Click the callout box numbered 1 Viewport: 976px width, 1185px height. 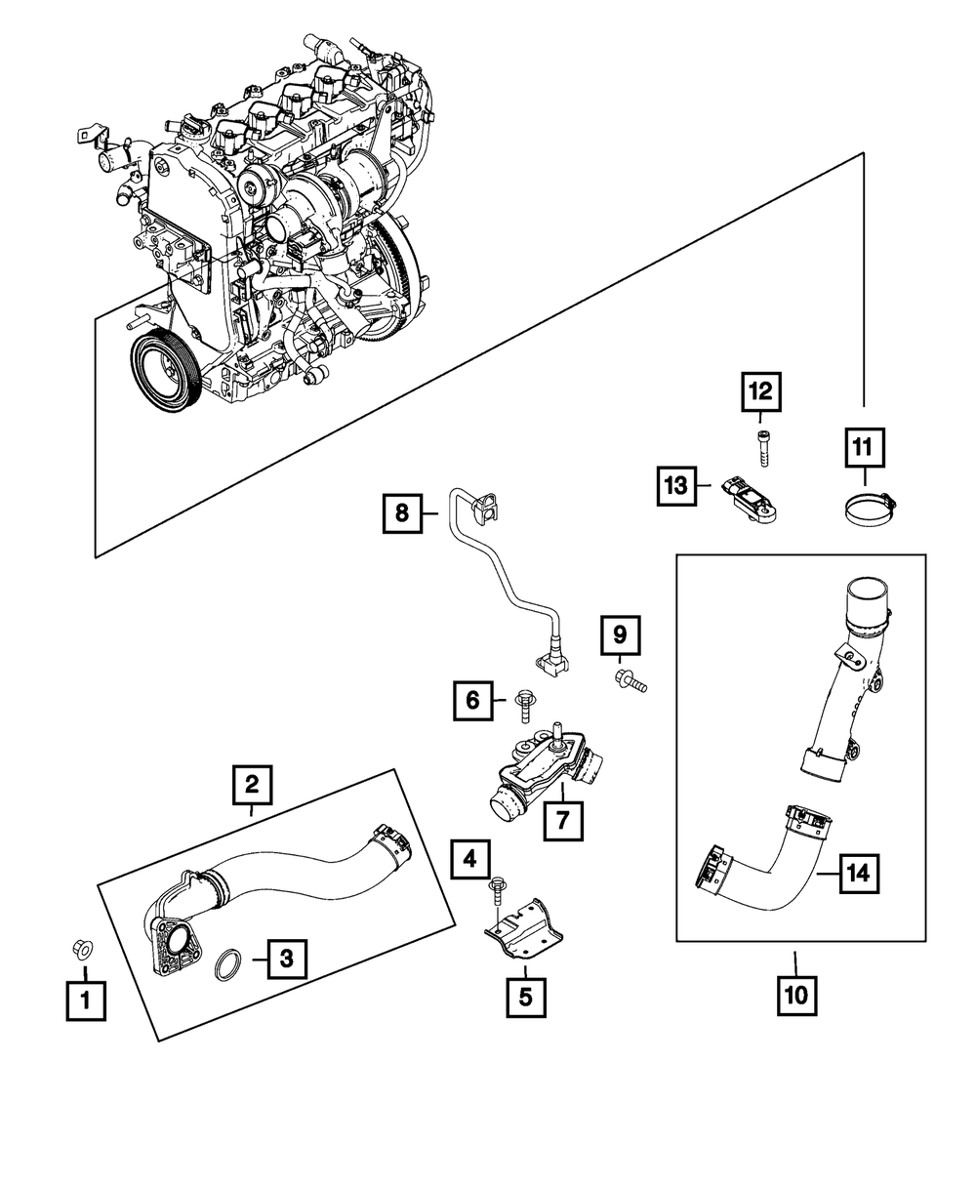click(x=86, y=1001)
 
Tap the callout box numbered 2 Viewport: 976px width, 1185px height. click(x=252, y=783)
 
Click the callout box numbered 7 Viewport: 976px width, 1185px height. click(x=563, y=820)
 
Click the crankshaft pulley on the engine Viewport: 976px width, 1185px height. click(x=166, y=373)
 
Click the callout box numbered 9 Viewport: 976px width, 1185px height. click(x=620, y=636)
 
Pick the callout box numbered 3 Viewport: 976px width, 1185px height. click(x=286, y=959)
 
